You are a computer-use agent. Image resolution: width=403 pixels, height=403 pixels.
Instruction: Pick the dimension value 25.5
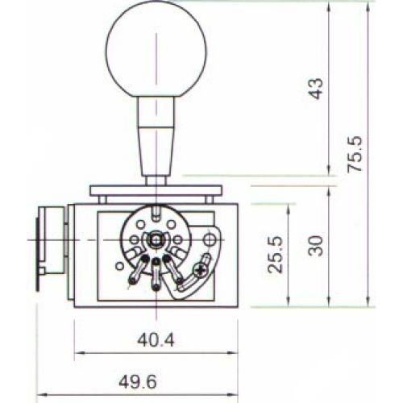coord(276,255)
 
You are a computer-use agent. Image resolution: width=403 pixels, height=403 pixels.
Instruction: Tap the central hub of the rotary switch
coord(154,239)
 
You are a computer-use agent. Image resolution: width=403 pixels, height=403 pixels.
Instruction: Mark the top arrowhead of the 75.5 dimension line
coord(368,5)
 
